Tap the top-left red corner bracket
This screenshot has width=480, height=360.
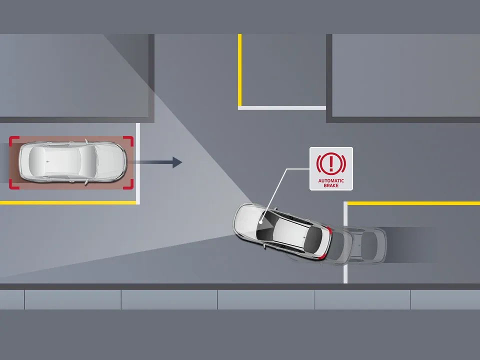[13, 139]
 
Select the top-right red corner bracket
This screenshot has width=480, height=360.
[130, 139]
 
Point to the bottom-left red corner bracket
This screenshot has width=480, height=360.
[13, 185]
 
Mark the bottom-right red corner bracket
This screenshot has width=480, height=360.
[130, 185]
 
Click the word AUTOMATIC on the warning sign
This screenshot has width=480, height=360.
[331, 180]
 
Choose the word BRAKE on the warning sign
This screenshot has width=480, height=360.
[331, 185]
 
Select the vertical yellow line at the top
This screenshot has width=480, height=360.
[240, 70]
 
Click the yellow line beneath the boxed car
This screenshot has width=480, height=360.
[67, 202]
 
